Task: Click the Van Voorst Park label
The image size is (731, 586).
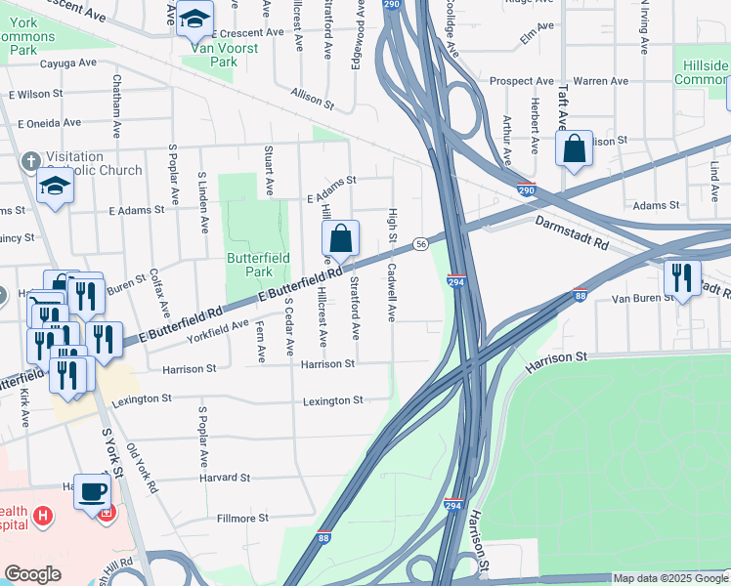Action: click(210, 54)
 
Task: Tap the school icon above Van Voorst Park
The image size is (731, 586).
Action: click(194, 18)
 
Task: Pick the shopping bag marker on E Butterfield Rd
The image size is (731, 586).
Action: click(340, 238)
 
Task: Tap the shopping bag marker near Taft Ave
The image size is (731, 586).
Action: click(575, 149)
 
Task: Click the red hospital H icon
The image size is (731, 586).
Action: click(42, 515)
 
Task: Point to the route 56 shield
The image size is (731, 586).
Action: click(419, 242)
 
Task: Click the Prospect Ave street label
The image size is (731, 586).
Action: click(521, 81)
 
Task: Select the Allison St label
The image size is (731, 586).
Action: click(313, 98)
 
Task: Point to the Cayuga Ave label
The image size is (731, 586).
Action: click(67, 63)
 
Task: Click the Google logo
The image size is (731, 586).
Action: click(32, 574)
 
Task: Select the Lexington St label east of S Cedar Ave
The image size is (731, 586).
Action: click(332, 400)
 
